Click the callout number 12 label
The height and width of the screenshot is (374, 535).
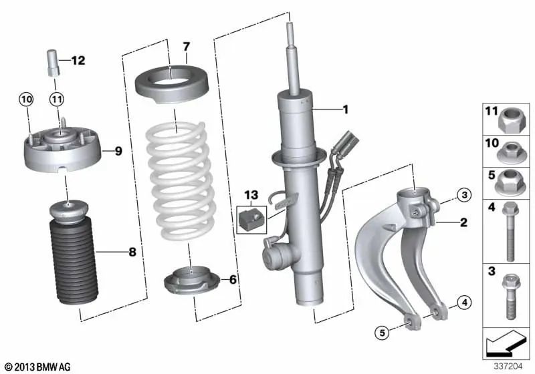78,61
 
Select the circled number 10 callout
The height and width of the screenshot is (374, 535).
25,100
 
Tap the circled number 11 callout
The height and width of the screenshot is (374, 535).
58,100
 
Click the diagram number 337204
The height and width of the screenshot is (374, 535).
510,366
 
